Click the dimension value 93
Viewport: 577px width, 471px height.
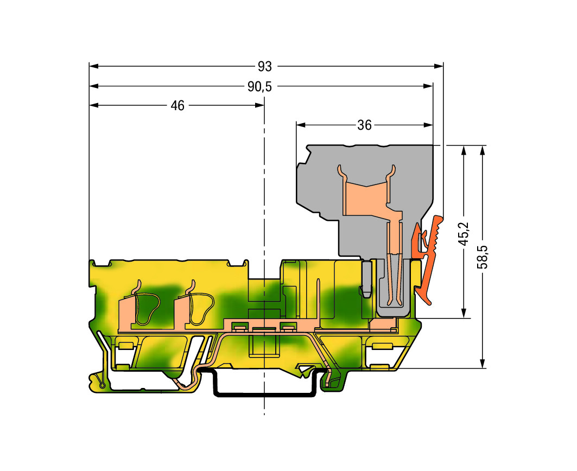pyautogui.click(x=264, y=67)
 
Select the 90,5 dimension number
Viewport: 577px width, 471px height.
pyautogui.click(x=259, y=87)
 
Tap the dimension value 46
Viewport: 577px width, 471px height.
pyautogui.click(x=177, y=106)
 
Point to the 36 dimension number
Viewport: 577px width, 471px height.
pyautogui.click(x=364, y=125)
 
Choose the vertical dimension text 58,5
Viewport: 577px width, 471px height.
pyautogui.click(x=483, y=257)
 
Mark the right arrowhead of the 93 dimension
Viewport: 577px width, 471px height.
pyautogui.click(x=439, y=66)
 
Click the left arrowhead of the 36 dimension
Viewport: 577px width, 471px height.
pyautogui.click(x=301, y=125)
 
